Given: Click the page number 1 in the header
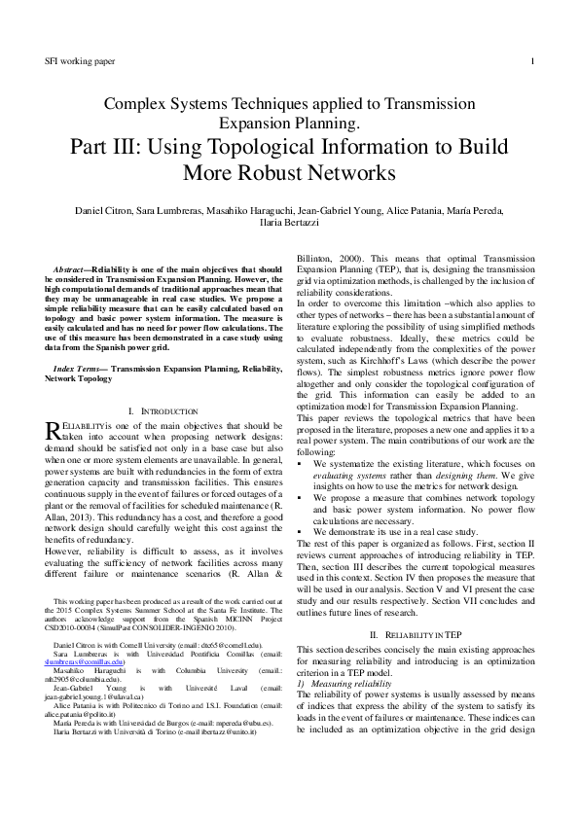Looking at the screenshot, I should (532, 61).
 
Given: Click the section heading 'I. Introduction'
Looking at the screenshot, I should (162, 411).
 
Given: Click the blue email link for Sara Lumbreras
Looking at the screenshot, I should (85, 662).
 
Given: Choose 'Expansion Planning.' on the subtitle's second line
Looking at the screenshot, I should (289, 125).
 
